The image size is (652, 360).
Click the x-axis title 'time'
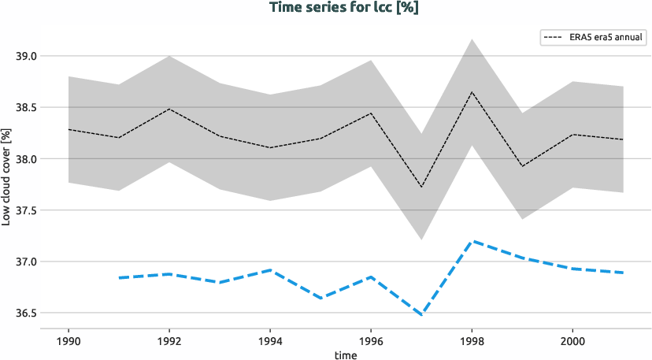click(x=344, y=355)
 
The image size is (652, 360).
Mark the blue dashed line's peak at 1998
click(x=472, y=241)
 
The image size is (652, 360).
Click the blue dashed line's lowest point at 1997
click(x=421, y=315)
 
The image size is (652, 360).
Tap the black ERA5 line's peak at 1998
click(x=472, y=92)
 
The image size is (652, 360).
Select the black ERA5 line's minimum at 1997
click(x=421, y=187)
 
